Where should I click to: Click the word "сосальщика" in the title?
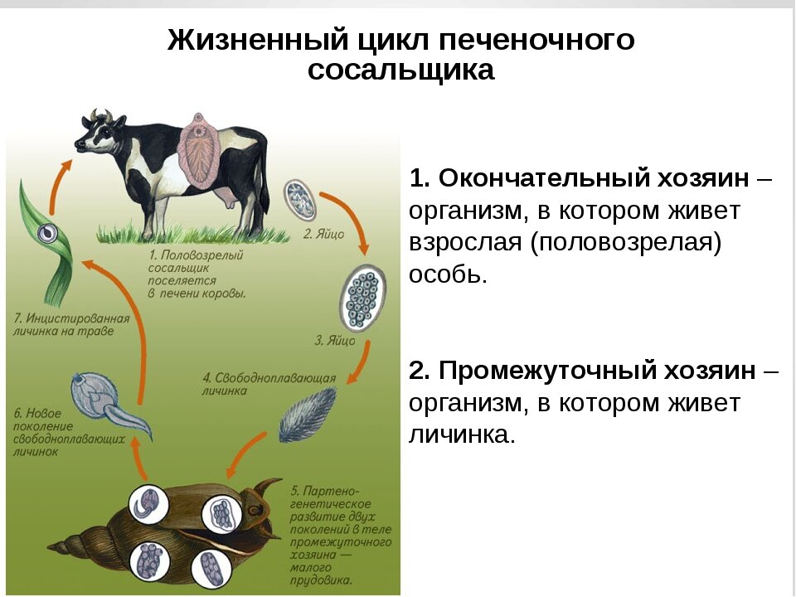(400, 70)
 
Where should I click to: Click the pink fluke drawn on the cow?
(200, 151)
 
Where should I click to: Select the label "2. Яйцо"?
(324, 234)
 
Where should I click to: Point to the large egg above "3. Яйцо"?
(362, 298)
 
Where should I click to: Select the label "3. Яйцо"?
(334, 341)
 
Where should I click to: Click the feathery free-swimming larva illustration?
(307, 415)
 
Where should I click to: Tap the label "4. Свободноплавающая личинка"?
(269, 384)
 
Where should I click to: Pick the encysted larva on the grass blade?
(47, 233)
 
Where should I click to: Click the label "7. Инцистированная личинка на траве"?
(71, 325)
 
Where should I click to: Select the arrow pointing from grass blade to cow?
(57, 184)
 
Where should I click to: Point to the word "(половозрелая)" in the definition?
(625, 243)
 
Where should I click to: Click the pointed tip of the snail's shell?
(48, 547)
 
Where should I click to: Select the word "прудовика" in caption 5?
(321, 580)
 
